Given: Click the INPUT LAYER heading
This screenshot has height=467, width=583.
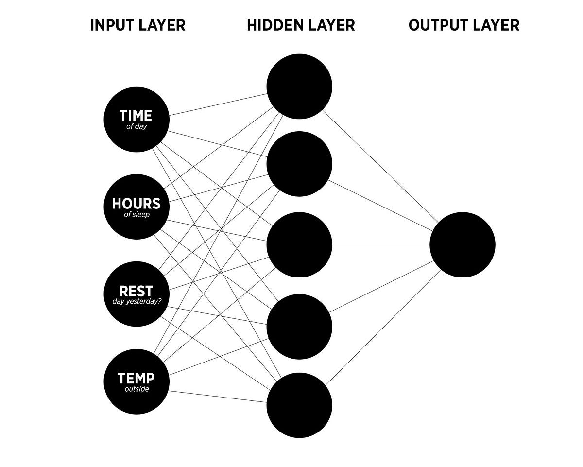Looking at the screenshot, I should pos(137,25).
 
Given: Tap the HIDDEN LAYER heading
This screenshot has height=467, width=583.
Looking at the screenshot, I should pos(301,25).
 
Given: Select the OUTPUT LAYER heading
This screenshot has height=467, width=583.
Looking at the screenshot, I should pos(464,25).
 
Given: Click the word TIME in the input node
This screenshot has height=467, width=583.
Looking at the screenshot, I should pos(136,116).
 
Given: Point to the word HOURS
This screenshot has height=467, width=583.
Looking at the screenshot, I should pos(136,204).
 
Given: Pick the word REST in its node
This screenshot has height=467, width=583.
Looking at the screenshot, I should pos(136,291).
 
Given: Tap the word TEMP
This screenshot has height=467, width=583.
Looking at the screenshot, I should pos(136,378).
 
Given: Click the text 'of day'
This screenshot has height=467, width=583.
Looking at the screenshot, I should pos(136,127).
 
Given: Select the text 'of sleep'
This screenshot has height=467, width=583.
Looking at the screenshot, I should pos(137,214).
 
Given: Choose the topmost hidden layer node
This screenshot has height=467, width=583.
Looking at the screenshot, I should pos(299,86).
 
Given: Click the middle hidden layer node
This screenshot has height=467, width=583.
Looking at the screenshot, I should pos(299,245).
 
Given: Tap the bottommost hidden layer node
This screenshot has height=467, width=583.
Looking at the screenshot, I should pos(299,405).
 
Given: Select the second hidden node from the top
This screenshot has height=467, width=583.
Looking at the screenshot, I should pos(299,164).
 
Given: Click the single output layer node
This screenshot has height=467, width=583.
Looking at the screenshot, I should pos(462,245).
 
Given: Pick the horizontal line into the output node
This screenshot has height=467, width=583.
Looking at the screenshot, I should pos(381,246).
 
